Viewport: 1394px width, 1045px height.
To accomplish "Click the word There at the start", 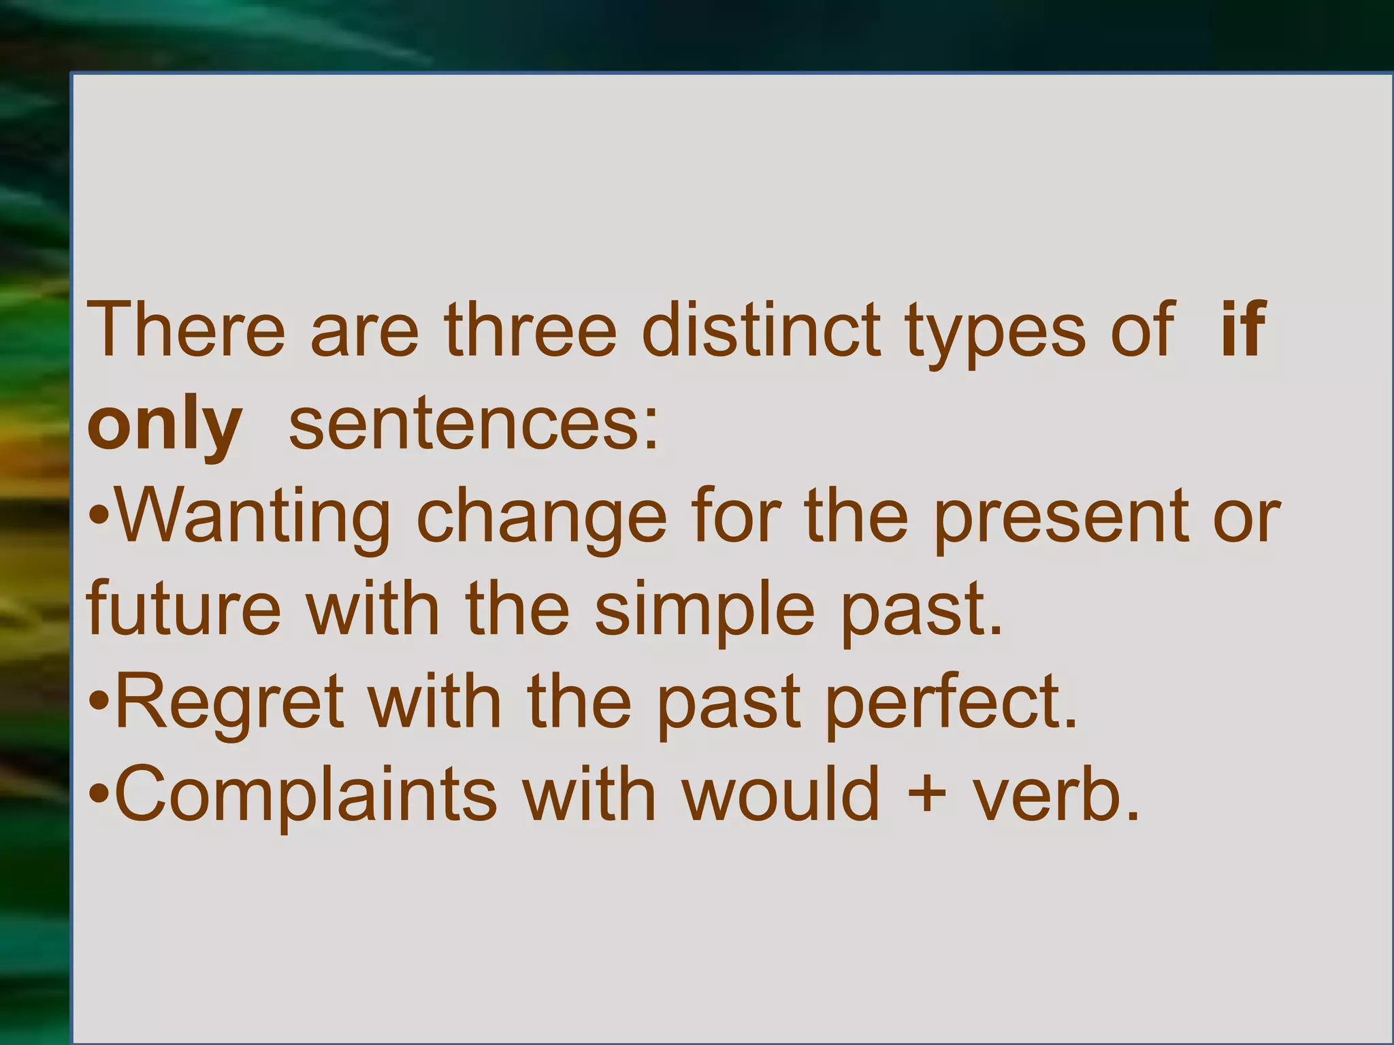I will tap(186, 330).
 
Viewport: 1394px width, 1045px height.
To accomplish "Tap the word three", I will tap(530, 330).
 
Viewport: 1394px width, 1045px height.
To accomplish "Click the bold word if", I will tap(1243, 330).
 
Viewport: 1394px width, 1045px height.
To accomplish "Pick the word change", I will tap(541, 520).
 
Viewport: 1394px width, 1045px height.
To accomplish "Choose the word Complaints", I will tap(306, 796).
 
